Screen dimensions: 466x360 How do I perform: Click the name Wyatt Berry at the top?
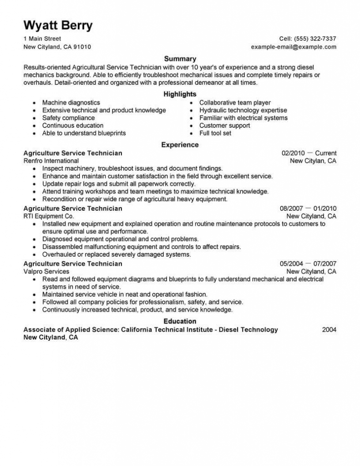(x=58, y=25)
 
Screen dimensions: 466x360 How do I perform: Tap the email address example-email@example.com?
(x=294, y=47)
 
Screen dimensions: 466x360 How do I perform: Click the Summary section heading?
(x=180, y=59)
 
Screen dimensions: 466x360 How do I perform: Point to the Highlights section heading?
(x=180, y=94)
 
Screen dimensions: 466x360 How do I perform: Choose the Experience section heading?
(x=180, y=145)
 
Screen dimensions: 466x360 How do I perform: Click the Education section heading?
(x=180, y=321)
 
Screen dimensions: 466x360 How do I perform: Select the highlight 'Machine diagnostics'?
(x=71, y=103)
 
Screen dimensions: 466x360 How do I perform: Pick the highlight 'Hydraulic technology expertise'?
(x=243, y=110)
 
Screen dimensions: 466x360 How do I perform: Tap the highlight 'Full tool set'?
(x=215, y=133)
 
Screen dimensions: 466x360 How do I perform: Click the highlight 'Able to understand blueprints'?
(x=84, y=133)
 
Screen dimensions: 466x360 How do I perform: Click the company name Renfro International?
(x=51, y=161)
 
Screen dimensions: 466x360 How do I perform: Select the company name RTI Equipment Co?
(x=48, y=216)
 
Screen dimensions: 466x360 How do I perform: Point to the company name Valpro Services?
(x=46, y=272)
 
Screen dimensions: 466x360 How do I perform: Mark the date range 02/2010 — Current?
(x=309, y=153)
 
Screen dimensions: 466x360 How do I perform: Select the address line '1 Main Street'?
(x=42, y=39)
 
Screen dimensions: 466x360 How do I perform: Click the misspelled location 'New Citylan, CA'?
(x=313, y=161)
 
